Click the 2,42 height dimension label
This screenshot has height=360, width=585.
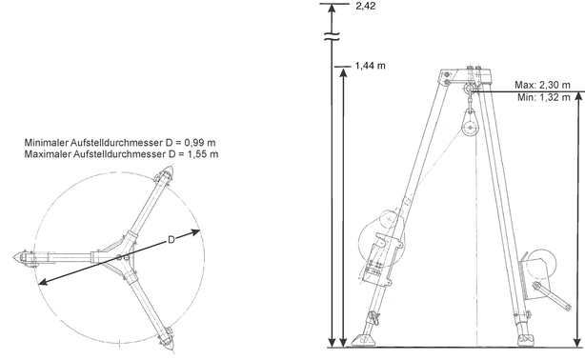point(366,6)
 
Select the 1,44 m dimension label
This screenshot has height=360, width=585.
point(370,66)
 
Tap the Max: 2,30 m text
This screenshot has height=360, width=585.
point(542,85)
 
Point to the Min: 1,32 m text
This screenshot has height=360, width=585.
point(544,97)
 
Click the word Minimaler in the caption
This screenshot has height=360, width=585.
point(47,143)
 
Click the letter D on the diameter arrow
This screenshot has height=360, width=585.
point(171,240)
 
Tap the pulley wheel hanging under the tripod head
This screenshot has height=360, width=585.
point(471,128)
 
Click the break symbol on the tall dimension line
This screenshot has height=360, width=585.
point(332,36)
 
